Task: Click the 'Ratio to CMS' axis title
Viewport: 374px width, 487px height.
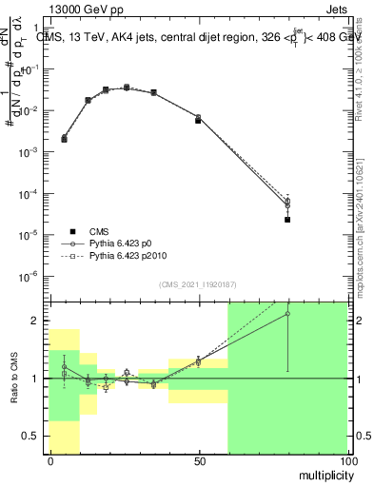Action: [14, 377]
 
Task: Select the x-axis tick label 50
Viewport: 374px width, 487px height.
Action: [199, 461]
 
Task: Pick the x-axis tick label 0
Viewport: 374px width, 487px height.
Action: [49, 461]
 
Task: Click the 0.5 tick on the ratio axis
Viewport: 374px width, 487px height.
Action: [32, 436]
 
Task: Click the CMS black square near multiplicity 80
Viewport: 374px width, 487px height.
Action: [287, 220]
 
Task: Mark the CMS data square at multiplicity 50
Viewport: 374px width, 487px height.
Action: [198, 121]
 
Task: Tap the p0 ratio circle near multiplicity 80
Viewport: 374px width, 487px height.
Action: [287, 314]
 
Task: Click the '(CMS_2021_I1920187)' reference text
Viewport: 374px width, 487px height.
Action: [198, 284]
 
